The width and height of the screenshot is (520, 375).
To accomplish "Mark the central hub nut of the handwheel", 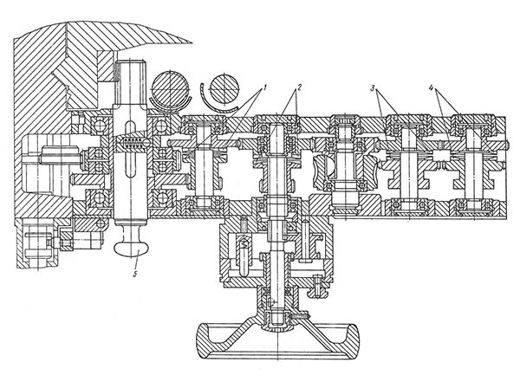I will [x=275, y=322].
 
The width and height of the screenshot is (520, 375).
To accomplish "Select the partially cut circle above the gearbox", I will [x=222, y=91].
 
